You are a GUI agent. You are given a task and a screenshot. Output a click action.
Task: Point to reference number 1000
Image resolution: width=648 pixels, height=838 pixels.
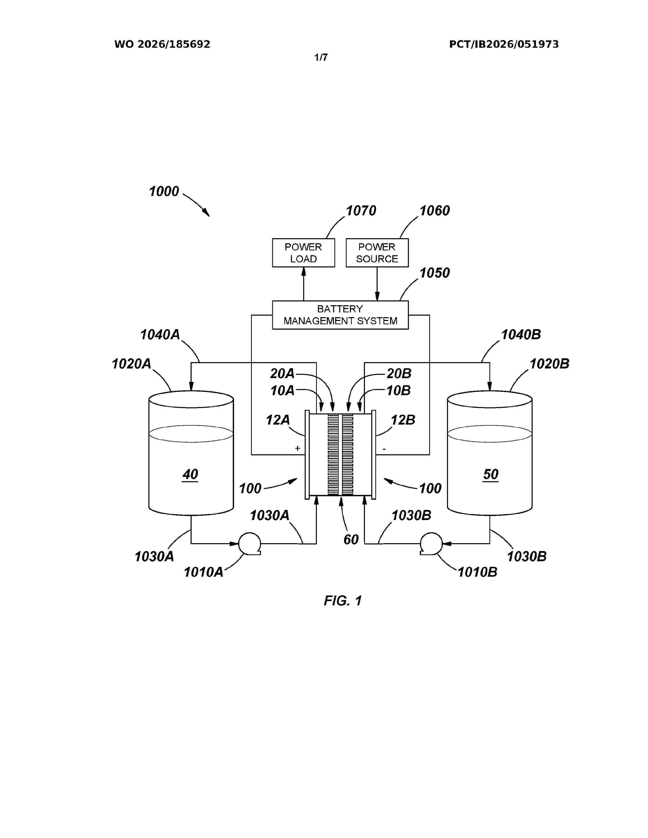tap(164, 191)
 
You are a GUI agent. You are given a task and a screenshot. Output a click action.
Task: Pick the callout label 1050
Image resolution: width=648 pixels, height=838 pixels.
tap(435, 273)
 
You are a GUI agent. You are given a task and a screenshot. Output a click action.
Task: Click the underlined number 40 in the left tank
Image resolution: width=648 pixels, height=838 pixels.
tap(190, 475)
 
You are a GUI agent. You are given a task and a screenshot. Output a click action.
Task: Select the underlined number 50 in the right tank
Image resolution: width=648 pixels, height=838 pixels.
tap(491, 475)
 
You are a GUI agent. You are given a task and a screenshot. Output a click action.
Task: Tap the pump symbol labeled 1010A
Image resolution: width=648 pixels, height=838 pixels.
tap(250, 544)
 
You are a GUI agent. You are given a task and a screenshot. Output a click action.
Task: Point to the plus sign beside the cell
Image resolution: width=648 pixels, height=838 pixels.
tap(298, 448)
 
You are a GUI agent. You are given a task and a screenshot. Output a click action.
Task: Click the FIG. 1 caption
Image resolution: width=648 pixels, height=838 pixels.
tap(343, 601)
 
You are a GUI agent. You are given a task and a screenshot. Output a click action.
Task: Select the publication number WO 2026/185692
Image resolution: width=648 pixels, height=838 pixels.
tap(162, 44)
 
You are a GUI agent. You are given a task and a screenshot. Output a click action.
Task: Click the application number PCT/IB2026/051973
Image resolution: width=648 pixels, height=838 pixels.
tap(504, 44)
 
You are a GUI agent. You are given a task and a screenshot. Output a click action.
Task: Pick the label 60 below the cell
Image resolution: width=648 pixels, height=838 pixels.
tap(351, 539)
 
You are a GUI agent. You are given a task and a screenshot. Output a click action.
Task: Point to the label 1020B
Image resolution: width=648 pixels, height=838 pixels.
tap(549, 363)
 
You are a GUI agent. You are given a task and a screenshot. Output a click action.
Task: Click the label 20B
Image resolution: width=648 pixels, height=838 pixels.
tap(399, 373)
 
